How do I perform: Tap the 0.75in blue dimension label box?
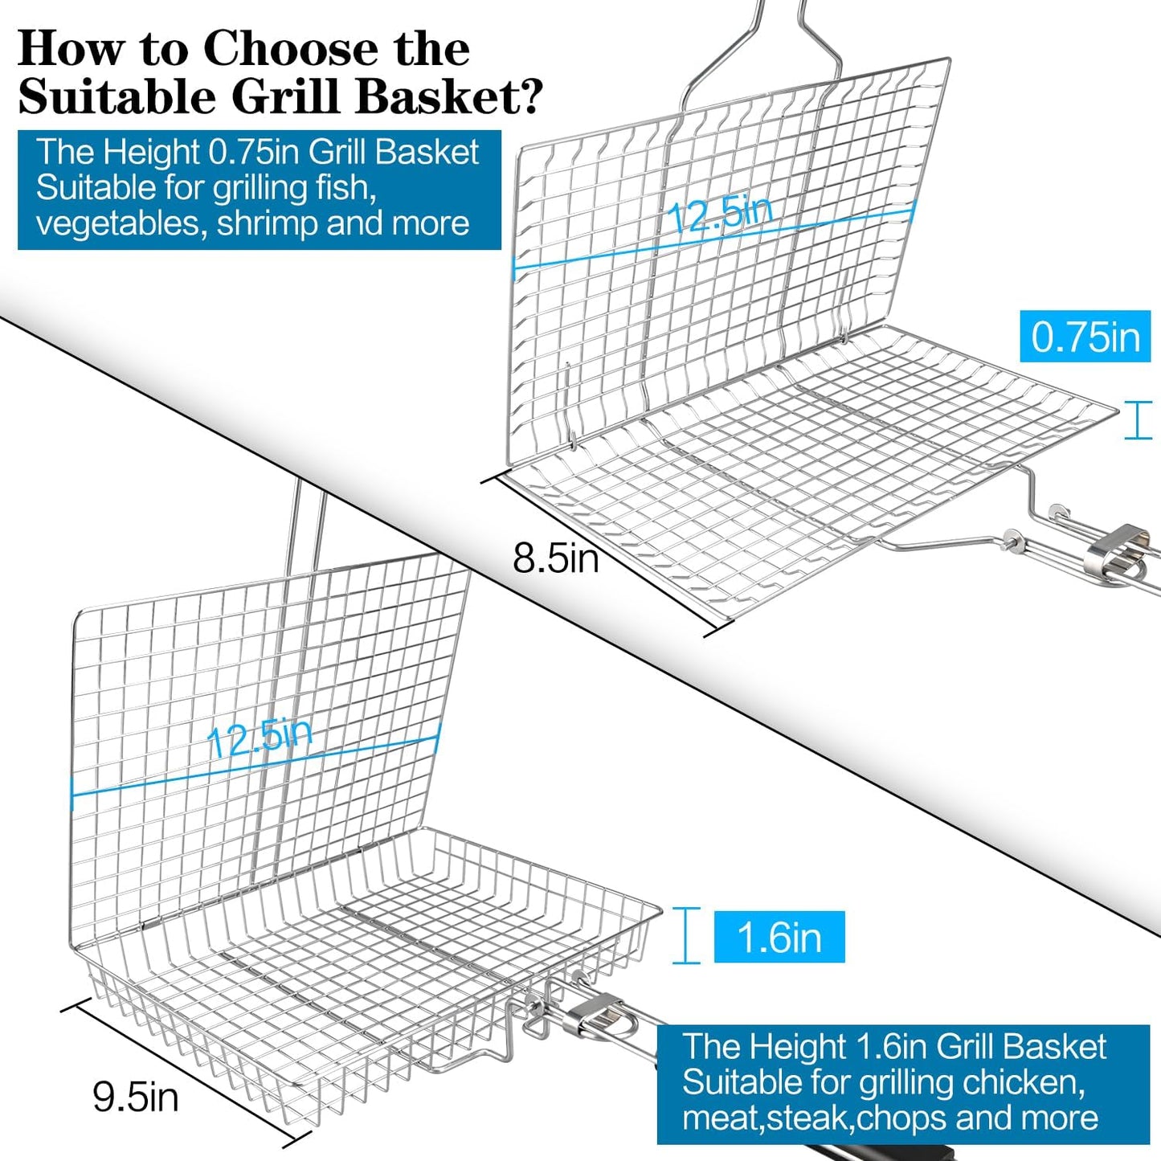[x=1085, y=336]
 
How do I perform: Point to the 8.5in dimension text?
[x=555, y=558]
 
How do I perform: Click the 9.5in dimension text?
[x=136, y=1098]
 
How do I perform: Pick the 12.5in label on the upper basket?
[x=721, y=214]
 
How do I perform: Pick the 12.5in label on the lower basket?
[x=260, y=737]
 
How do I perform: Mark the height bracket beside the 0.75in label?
[x=1138, y=420]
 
